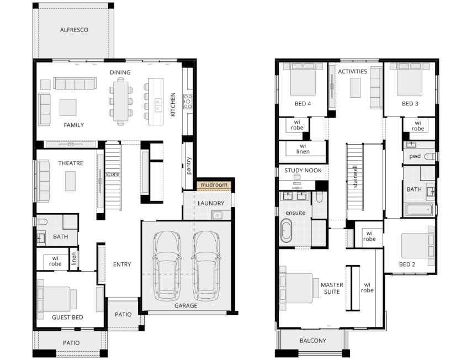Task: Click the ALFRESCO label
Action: tap(74, 30)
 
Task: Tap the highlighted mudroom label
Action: tap(214, 184)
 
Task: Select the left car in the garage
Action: tap(167, 266)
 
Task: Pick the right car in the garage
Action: tap(206, 266)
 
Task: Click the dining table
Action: tap(121, 102)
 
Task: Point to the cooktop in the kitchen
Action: tap(188, 102)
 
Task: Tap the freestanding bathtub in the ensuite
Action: tap(286, 231)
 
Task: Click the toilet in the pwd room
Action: tap(429, 156)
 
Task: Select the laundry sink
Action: tap(217, 215)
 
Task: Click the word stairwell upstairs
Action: tap(355, 176)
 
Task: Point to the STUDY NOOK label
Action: tap(303, 171)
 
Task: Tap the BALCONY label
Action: tap(313, 341)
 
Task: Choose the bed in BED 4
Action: tap(303, 80)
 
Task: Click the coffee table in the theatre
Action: tap(71, 181)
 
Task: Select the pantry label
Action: tap(189, 166)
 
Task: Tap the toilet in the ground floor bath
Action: tap(42, 222)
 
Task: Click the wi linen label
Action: tap(303, 149)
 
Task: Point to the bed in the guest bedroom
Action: tap(57, 299)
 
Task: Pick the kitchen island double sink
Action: tap(158, 105)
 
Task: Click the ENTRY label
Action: tap(122, 264)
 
